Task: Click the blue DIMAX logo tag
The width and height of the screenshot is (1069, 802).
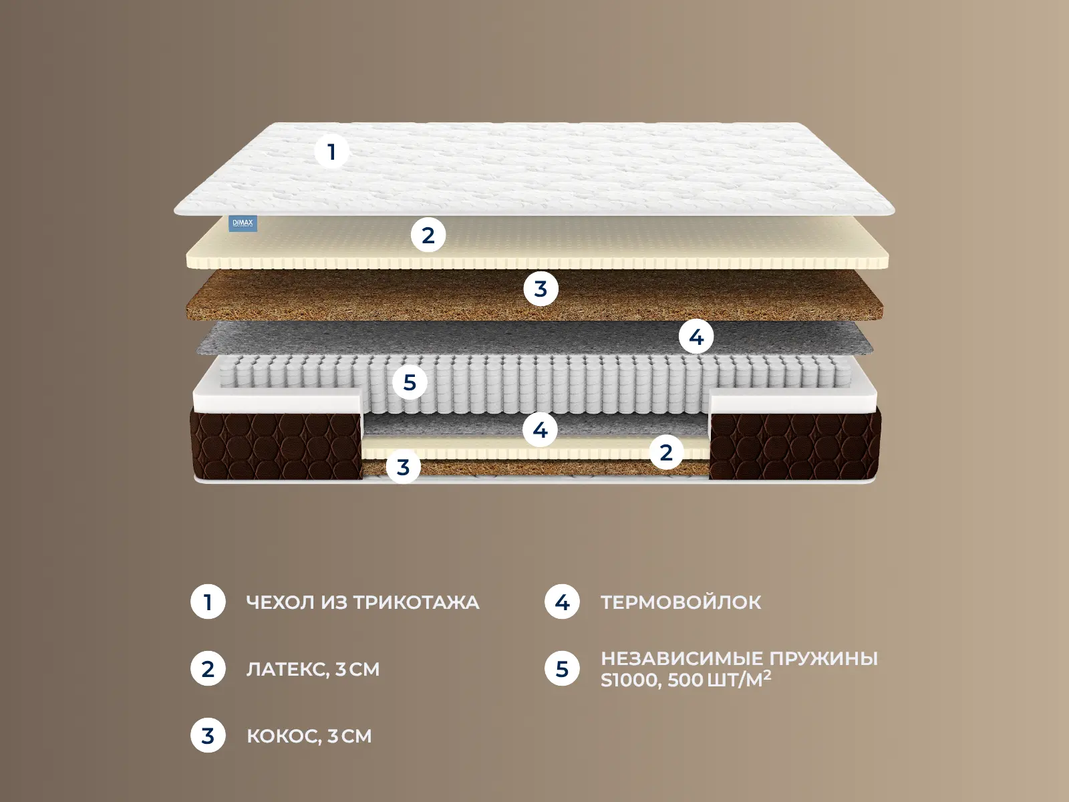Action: click(243, 223)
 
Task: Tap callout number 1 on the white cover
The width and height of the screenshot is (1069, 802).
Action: click(331, 152)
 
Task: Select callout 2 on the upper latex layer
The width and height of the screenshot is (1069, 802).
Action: click(428, 235)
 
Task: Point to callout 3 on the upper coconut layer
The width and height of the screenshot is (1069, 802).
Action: click(541, 289)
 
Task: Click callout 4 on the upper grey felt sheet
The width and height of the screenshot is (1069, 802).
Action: click(696, 336)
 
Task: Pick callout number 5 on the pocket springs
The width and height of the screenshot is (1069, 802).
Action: click(410, 382)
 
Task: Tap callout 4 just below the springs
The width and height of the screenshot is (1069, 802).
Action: click(540, 430)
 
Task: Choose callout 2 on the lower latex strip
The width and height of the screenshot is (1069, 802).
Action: click(665, 452)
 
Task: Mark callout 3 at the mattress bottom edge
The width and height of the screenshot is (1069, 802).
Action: click(404, 467)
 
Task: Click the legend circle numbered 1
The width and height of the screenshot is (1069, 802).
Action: click(208, 602)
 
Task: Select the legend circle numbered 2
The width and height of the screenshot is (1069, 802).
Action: click(208, 668)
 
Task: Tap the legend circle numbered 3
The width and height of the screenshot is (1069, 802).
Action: click(208, 735)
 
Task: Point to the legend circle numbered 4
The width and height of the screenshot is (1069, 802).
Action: click(562, 602)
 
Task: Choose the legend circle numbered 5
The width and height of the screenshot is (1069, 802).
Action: click(562, 668)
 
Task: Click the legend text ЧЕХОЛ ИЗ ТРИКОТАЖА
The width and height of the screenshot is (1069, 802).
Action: click(363, 602)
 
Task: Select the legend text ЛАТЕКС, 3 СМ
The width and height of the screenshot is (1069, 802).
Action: click(313, 669)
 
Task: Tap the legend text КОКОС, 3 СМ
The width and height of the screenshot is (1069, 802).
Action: click(309, 736)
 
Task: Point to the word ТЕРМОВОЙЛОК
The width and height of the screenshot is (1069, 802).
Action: click(681, 602)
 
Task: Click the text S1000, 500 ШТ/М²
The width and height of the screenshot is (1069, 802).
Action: click(686, 679)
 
